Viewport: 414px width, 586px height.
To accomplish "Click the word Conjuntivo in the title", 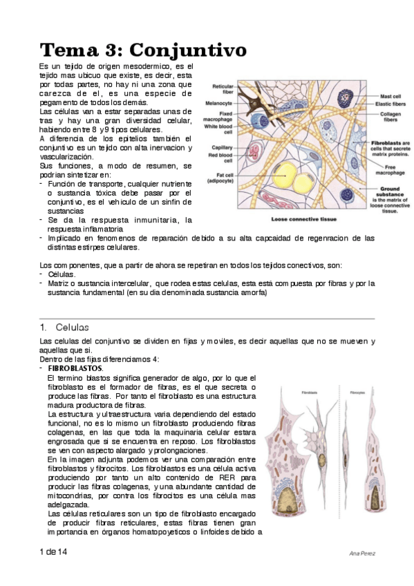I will (x=188, y=50).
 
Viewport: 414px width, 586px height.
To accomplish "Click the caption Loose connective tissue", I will (x=303, y=220).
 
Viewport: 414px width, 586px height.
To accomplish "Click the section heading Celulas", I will (x=72, y=327).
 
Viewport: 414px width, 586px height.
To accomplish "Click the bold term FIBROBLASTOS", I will (x=75, y=368).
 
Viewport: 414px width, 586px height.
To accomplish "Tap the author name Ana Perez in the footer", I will (x=361, y=554).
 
